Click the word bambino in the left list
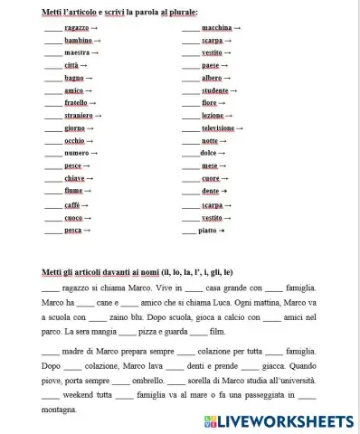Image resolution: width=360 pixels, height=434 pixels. pos(78,41)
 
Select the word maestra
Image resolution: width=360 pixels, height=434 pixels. pos(77,53)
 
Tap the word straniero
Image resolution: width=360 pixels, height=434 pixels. pos(79,116)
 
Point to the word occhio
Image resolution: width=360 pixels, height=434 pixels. pos(75,141)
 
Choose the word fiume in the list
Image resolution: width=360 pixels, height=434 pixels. pos(73,192)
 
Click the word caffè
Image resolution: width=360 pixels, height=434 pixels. pos(72,205)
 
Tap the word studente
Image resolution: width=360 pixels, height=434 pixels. pos(214,90)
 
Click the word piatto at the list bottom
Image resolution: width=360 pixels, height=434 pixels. pos(207,231)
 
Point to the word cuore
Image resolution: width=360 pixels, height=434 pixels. pos(210,179)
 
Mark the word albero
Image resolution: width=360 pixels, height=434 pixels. pos(212,79)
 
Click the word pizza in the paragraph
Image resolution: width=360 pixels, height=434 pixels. pos(151,334)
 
